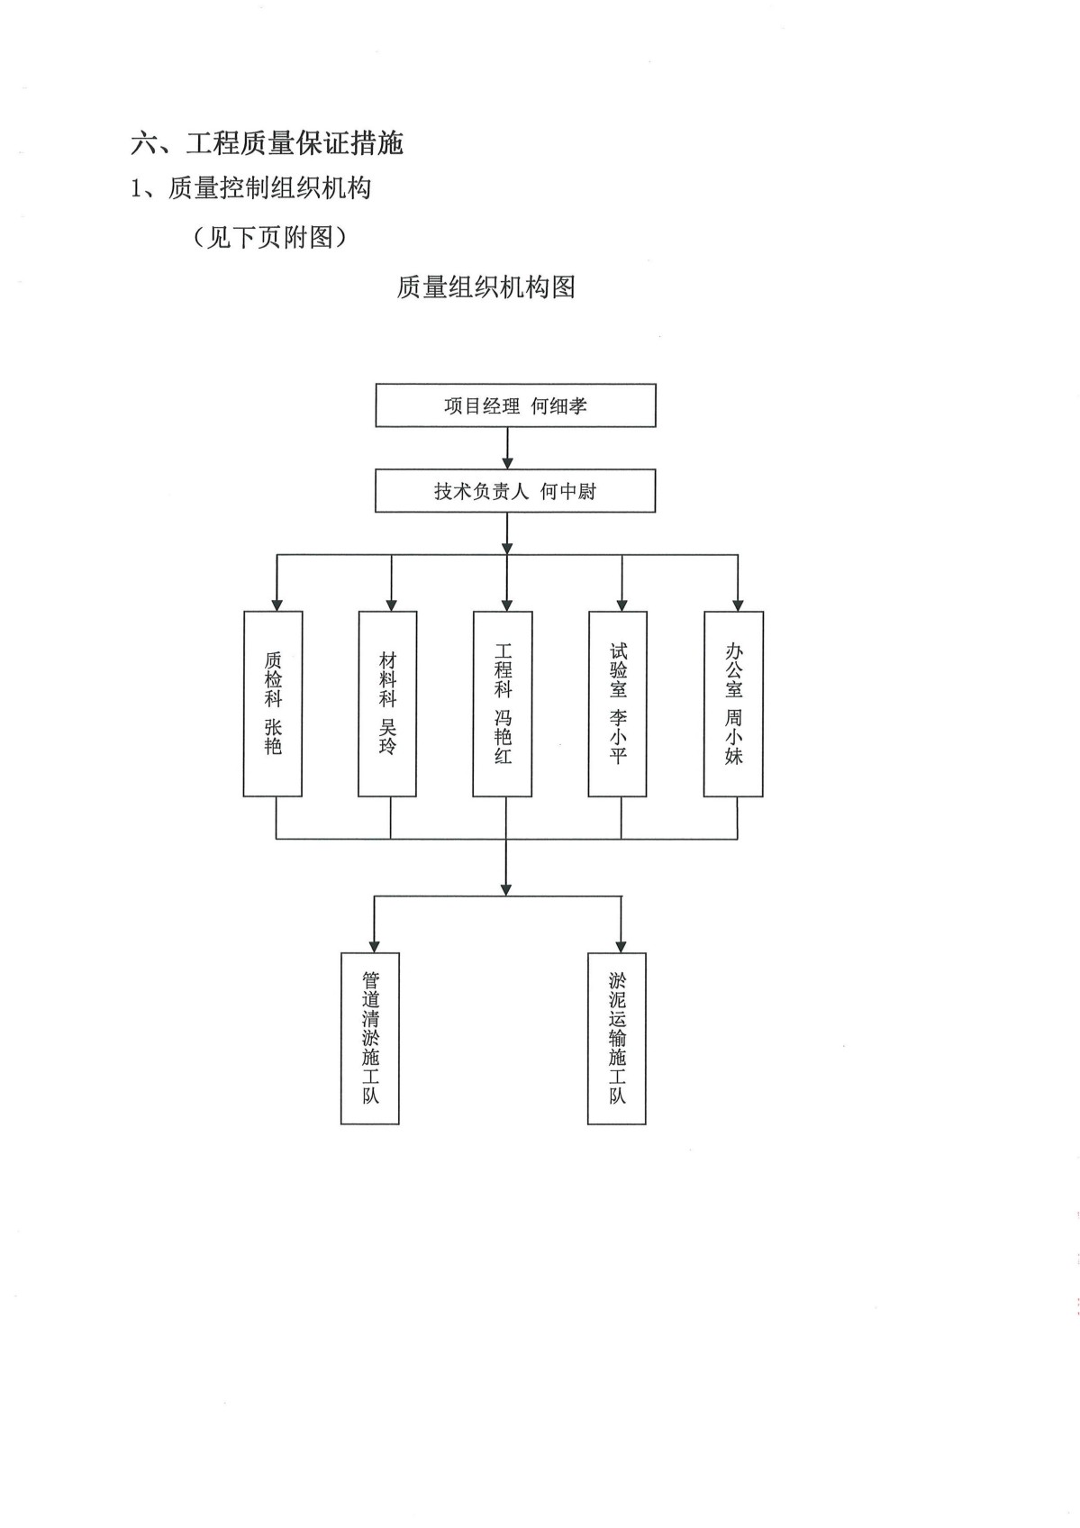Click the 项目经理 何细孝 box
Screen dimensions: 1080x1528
click(515, 405)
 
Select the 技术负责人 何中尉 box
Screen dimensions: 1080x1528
click(514, 491)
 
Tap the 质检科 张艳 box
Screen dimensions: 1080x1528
click(273, 704)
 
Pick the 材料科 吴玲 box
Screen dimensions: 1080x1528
click(387, 704)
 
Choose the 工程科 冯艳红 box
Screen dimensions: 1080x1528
click(503, 704)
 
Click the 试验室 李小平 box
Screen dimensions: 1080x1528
click(618, 704)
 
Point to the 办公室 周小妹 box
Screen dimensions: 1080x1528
click(733, 704)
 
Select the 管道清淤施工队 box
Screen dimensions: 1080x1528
click(370, 1038)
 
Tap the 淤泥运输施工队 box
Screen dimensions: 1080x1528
click(617, 1038)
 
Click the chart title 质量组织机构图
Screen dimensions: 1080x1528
click(486, 287)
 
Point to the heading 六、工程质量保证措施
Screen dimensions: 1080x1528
click(268, 143)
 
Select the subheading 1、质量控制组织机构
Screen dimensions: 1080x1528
click(251, 188)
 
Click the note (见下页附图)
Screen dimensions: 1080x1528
click(271, 237)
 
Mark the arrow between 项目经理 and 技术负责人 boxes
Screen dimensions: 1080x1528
click(507, 448)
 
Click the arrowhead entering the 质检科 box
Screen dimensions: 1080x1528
click(277, 605)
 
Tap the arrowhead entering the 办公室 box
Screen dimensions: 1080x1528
click(738, 605)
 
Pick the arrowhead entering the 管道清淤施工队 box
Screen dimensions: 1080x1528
click(374, 947)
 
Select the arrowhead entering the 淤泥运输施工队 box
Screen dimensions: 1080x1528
click(621, 947)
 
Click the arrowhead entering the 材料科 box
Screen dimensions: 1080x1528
click(391, 605)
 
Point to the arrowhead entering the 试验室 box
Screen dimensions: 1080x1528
click(622, 605)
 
